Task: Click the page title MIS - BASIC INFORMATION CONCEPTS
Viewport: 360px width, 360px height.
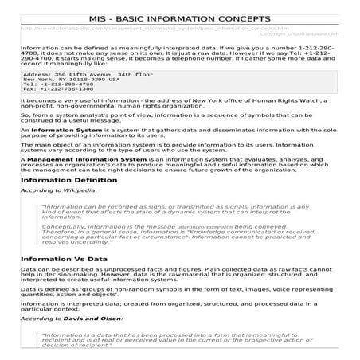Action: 180,18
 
